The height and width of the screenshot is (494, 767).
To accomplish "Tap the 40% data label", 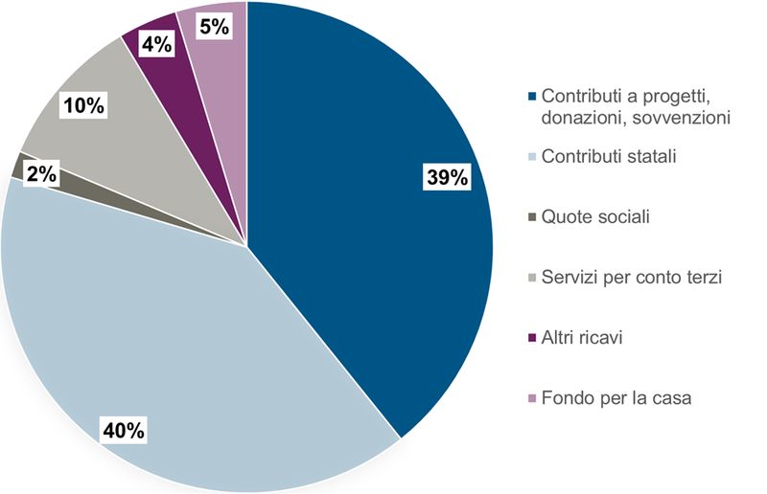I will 124,430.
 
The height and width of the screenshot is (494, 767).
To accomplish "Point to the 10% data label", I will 82,105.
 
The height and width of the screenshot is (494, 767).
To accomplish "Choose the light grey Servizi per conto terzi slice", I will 125,134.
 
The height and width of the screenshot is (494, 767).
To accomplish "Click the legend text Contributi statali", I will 609,156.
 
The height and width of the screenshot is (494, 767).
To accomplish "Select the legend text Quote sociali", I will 595,216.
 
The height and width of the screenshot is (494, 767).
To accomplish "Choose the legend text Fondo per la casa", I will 616,397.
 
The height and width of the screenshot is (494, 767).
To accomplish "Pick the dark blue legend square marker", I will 532,97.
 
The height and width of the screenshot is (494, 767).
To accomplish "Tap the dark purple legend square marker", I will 532,338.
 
